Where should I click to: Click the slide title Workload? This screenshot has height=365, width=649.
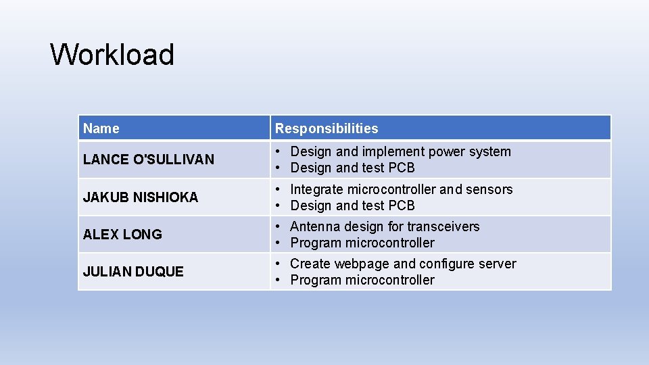point(112,55)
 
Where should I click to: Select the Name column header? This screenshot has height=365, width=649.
point(101,128)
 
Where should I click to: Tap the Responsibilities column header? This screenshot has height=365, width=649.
point(327,128)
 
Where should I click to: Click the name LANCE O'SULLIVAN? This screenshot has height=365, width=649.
point(149,160)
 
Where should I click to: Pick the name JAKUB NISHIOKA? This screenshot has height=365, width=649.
point(141,197)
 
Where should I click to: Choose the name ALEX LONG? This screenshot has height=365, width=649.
point(122,235)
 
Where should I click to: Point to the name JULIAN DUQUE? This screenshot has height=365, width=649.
point(133,272)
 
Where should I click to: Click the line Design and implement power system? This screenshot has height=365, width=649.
point(400,152)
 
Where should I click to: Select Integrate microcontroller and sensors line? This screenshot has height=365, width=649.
point(401,189)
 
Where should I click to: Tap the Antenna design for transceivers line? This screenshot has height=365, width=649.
point(385,226)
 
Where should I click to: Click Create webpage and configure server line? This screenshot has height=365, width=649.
point(403,264)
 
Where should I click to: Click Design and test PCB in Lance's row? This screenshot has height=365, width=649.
point(352,168)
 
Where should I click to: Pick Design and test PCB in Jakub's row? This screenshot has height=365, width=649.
point(352,205)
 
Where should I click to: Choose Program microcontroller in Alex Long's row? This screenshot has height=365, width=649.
point(362,243)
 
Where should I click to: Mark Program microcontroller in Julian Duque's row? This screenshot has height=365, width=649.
point(362,280)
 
